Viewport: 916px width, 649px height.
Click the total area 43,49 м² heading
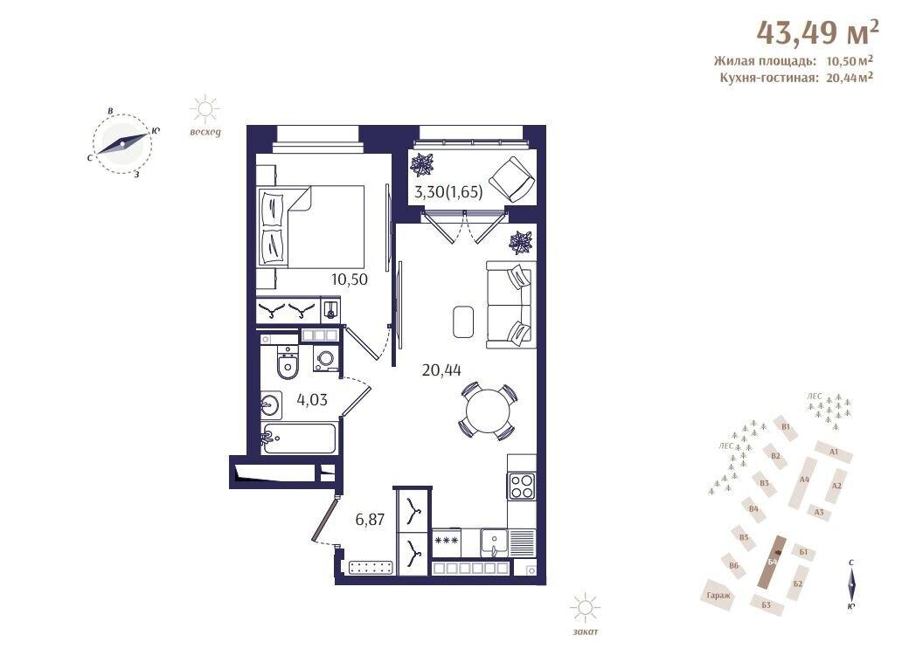tap(817, 33)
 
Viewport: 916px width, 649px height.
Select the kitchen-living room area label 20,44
tap(441, 369)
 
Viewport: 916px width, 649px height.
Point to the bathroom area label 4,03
tap(313, 401)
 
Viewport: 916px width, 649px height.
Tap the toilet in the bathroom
tap(287, 363)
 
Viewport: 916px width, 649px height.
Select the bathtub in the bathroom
tap(299, 438)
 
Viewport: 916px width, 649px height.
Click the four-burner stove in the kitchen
tap(522, 485)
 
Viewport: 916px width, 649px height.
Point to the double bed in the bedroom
tap(310, 225)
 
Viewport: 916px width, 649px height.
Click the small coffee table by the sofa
tap(462, 321)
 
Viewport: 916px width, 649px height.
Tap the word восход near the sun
tap(205, 133)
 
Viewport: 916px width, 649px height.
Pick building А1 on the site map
tap(833, 452)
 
